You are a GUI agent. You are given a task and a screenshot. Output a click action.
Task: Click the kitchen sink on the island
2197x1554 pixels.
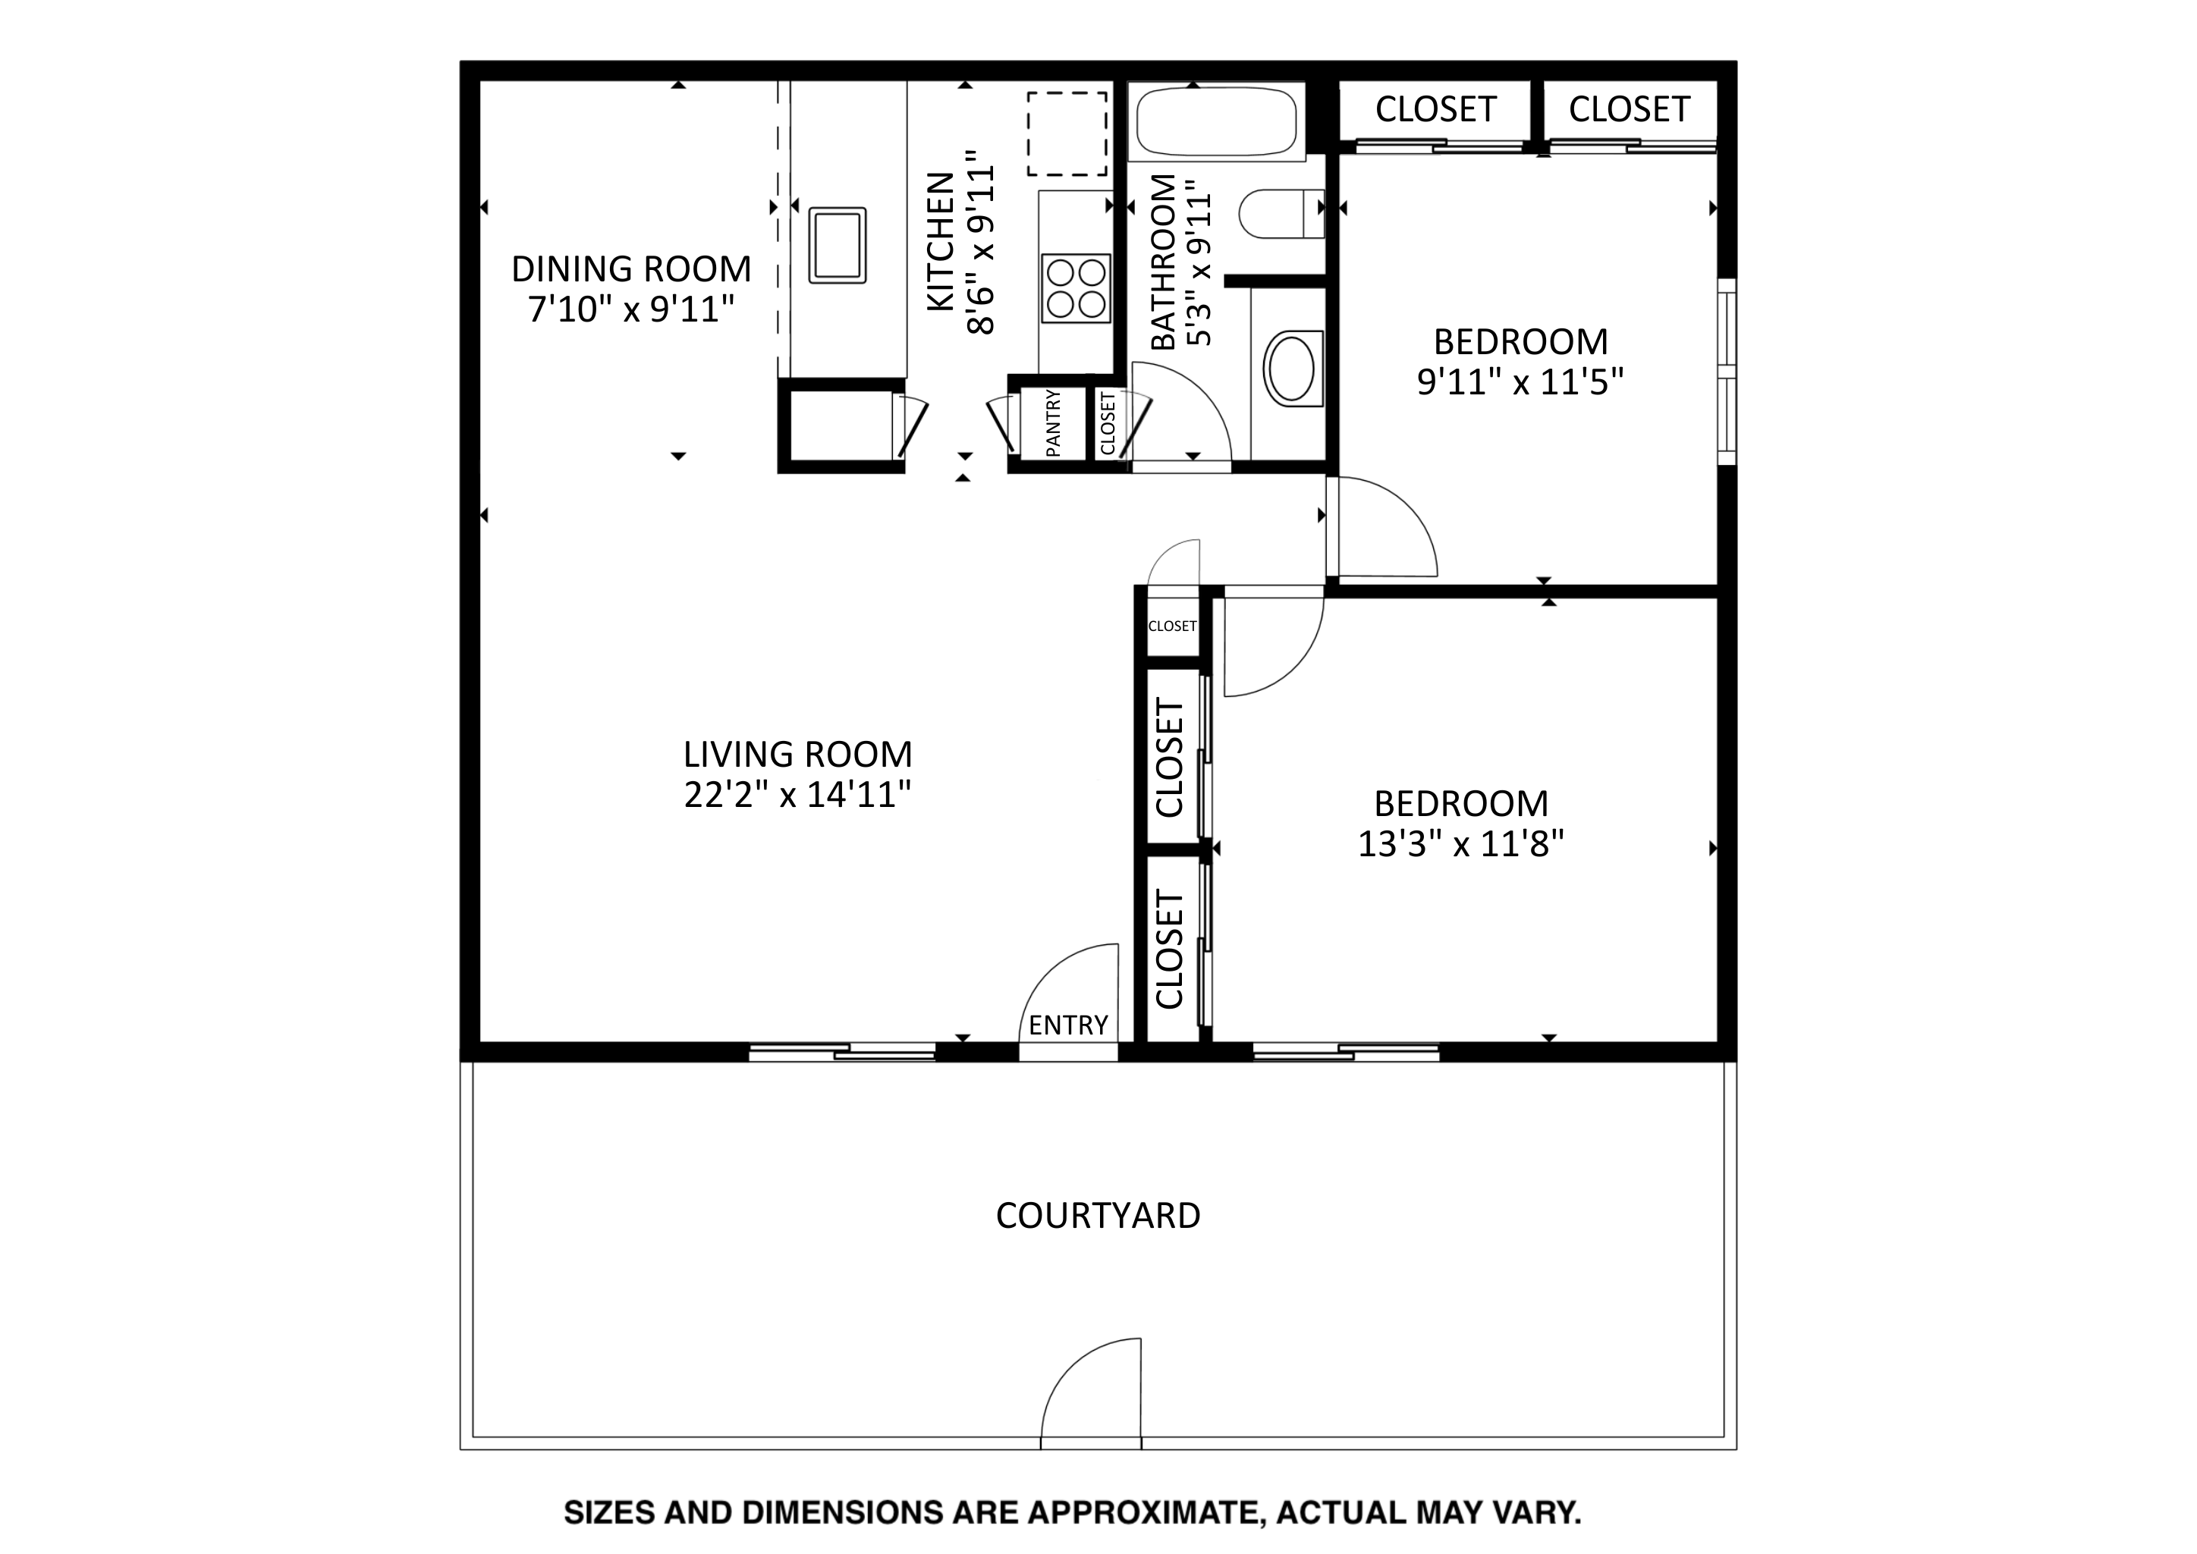[x=838, y=245]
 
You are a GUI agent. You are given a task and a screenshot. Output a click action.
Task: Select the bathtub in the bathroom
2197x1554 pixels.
[x=1215, y=121]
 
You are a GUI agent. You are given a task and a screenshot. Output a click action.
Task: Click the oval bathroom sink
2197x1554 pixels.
[x=1293, y=369]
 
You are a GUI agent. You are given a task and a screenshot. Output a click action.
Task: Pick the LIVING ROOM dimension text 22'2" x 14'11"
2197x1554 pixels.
[x=797, y=795]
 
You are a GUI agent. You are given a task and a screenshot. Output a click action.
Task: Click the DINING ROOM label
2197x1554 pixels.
[x=631, y=269]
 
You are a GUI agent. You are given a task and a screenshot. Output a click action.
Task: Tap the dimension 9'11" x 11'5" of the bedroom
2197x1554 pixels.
[x=1520, y=381]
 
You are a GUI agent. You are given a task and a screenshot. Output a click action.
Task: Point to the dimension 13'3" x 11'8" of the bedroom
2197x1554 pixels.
[x=1461, y=844]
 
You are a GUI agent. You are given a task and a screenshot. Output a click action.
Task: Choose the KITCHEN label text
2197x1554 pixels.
[x=941, y=241]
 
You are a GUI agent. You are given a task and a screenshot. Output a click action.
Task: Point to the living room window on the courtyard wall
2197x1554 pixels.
[x=842, y=1053]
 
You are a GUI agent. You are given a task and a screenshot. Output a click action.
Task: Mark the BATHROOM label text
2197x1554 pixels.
[x=1163, y=262]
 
